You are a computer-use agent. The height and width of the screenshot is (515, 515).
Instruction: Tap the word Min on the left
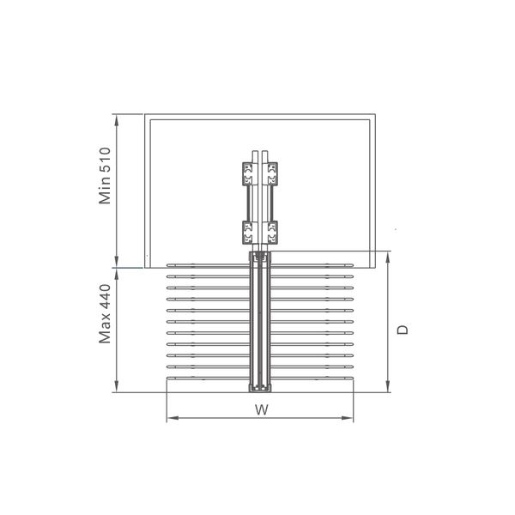[105, 191]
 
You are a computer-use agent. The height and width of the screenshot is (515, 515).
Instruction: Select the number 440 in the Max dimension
[105, 297]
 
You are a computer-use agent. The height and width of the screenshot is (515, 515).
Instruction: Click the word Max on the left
[105, 329]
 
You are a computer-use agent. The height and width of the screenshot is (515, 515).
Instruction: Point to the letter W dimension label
[262, 409]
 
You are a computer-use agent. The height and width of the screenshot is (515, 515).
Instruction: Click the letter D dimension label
[403, 330]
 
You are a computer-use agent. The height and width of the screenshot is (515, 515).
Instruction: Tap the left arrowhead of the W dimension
[173, 418]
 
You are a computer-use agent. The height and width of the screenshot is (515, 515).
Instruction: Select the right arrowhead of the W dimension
[348, 418]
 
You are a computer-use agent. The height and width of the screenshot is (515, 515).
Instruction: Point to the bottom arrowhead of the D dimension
[388, 386]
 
